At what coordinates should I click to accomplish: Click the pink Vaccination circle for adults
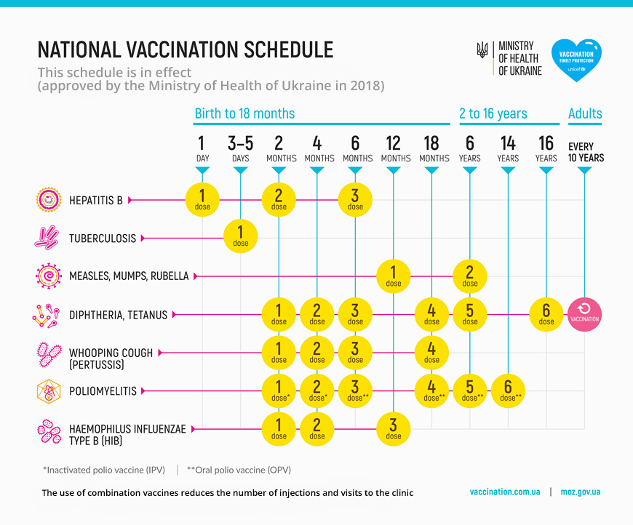click(585, 314)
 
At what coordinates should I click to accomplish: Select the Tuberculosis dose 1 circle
click(240, 236)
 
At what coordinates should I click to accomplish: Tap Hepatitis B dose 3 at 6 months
click(355, 199)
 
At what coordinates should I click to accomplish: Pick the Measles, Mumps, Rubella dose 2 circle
click(470, 276)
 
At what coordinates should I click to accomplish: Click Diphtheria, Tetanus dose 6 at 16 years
click(546, 314)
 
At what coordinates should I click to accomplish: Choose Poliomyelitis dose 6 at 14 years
click(508, 390)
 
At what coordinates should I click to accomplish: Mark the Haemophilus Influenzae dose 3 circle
click(393, 429)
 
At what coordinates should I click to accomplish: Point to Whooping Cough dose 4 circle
click(431, 352)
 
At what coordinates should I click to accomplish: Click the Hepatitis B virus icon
click(47, 199)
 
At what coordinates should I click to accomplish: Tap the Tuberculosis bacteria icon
click(47, 238)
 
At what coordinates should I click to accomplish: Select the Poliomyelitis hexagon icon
click(47, 391)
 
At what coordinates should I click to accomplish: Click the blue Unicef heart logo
click(577, 60)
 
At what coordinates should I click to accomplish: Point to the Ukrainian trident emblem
click(482, 49)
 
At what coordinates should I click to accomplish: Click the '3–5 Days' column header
click(240, 149)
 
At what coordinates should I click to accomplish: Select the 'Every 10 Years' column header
click(586, 152)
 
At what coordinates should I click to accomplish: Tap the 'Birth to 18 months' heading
click(244, 113)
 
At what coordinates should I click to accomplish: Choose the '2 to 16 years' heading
click(493, 113)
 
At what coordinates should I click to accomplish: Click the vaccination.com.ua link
click(505, 492)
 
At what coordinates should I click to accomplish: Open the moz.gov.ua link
click(581, 492)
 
